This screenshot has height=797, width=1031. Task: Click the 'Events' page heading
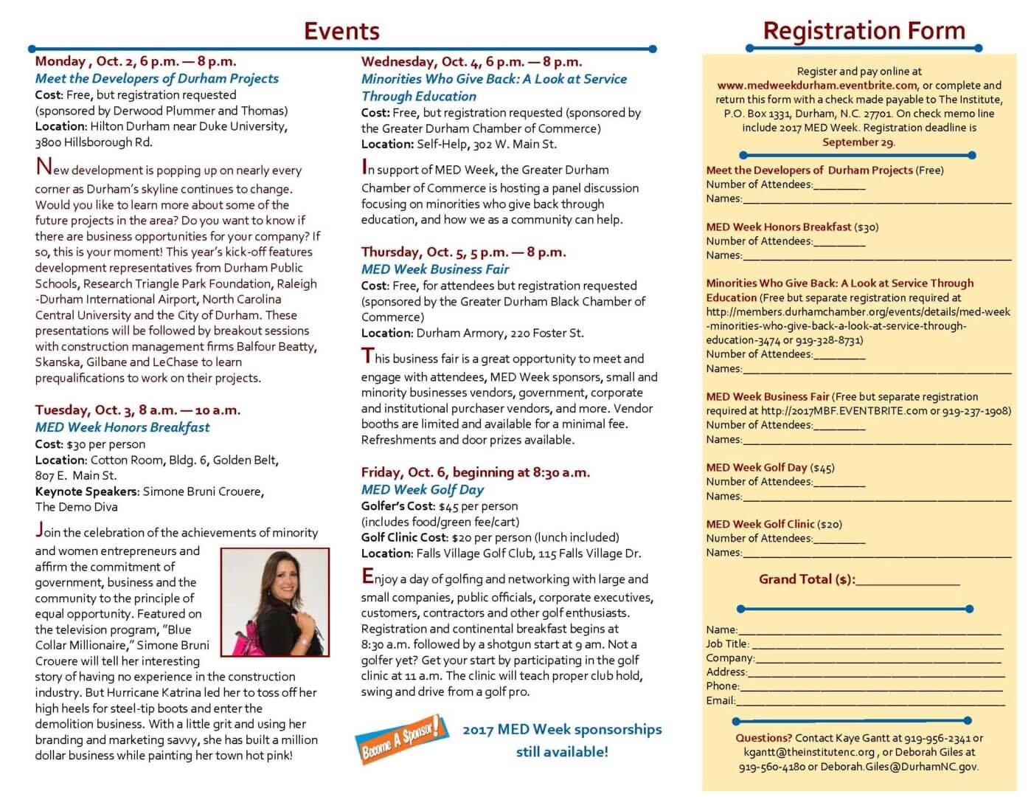point(341,31)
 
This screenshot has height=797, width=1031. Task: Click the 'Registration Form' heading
point(864,31)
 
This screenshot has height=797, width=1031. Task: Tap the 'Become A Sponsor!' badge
point(401,738)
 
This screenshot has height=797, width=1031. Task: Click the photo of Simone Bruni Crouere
point(274,602)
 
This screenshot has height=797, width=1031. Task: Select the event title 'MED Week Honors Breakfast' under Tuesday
point(122,427)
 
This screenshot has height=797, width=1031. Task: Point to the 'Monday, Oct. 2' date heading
point(136,61)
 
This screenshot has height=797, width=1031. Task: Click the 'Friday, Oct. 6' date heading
point(476,472)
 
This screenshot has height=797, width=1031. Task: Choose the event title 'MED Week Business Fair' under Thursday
point(435,269)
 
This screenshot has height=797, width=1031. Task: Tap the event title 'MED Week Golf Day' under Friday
point(423,489)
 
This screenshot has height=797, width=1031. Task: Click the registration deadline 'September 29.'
point(858,142)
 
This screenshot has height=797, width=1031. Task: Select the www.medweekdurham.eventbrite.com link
point(817,86)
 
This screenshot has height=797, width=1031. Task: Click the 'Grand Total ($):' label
point(807,579)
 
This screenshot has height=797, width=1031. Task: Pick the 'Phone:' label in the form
point(723,686)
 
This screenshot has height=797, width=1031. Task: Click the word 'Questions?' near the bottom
point(763,738)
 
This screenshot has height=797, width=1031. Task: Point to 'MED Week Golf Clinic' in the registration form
point(760,525)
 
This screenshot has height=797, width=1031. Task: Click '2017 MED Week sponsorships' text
point(562,730)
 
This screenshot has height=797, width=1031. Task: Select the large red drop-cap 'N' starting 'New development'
point(44,168)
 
